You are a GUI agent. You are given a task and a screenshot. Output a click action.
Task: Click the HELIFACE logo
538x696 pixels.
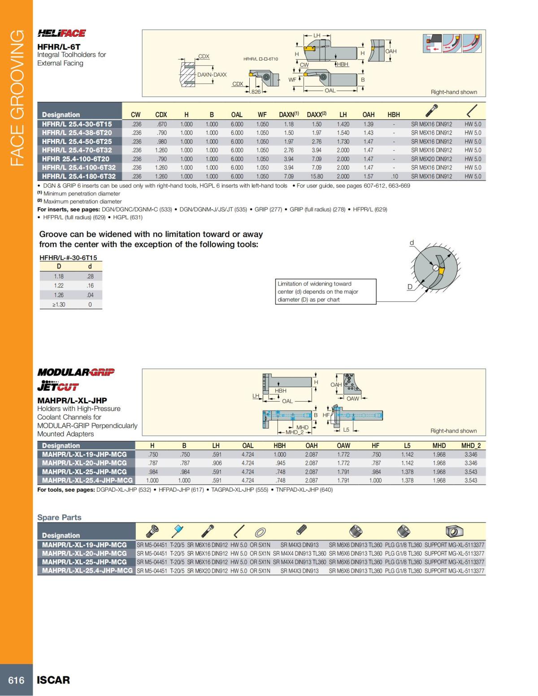61,33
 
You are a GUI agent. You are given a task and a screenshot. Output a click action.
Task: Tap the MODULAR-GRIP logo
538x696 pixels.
76,372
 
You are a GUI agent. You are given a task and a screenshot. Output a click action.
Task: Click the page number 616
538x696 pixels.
16,680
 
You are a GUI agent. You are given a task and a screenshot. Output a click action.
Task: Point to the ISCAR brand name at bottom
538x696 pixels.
53,680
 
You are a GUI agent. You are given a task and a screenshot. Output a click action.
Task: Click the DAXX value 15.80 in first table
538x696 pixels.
317,177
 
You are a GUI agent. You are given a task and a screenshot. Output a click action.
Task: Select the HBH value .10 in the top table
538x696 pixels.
394,177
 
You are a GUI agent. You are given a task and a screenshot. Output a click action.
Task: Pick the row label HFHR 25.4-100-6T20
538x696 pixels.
76,159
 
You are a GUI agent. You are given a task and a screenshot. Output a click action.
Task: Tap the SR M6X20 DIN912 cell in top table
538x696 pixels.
431,159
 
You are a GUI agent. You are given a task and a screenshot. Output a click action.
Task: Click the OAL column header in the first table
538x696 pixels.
237,115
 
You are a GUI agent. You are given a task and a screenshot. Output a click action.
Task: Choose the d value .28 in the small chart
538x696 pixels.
90,277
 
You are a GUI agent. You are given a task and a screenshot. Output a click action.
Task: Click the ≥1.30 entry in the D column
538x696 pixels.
59,304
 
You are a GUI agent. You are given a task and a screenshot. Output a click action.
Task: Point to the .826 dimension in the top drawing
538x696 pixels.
255,92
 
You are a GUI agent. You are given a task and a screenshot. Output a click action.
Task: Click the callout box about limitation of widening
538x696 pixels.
325,292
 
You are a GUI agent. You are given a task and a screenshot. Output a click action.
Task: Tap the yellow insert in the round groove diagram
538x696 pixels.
442,271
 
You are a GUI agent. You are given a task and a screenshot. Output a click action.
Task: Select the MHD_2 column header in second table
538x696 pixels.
471,445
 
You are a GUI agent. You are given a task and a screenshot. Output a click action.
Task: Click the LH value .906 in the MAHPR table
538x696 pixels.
217,463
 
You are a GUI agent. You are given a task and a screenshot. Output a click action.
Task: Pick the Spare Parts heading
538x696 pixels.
59,517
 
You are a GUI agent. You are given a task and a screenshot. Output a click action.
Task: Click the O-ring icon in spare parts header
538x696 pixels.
260,532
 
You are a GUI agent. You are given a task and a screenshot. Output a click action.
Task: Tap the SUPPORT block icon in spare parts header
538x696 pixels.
454,532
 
